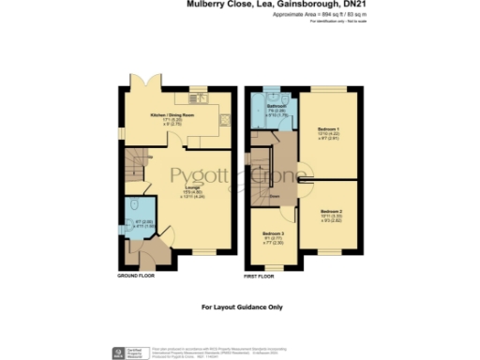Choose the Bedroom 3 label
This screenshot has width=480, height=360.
click(272, 232)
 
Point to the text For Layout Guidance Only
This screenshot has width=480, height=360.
click(241, 307)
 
